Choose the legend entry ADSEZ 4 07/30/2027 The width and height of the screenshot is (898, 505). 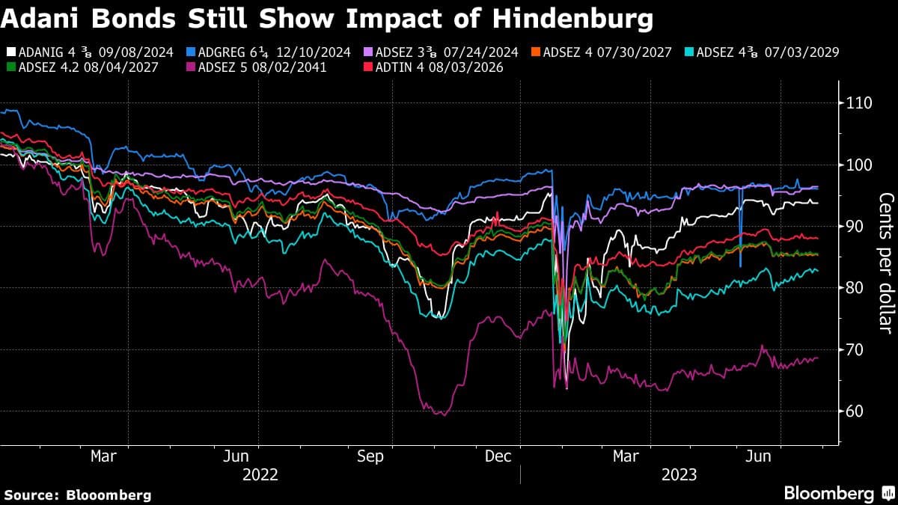[604, 52]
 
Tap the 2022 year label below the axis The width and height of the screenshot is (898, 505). [260, 474]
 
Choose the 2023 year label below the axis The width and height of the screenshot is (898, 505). [678, 474]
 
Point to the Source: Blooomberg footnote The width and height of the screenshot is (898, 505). [78, 495]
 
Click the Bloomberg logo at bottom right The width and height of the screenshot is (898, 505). [837, 493]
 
